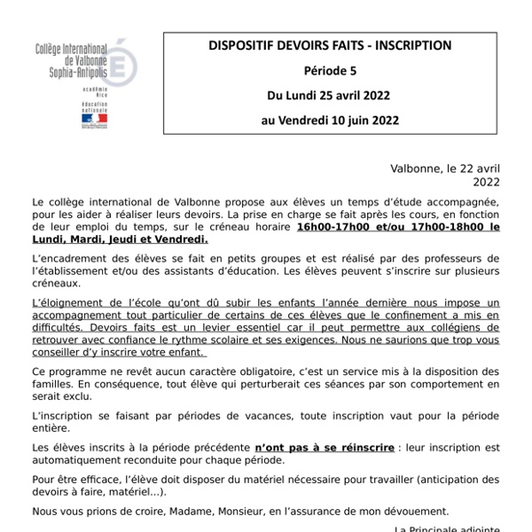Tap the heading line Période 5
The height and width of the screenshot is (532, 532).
[330, 70]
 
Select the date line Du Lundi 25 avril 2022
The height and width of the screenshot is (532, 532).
[330, 95]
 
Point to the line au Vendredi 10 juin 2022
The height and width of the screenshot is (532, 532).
[330, 120]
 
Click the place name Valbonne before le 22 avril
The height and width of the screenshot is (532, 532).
[417, 168]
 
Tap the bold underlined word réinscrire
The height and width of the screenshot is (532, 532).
[364, 448]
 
